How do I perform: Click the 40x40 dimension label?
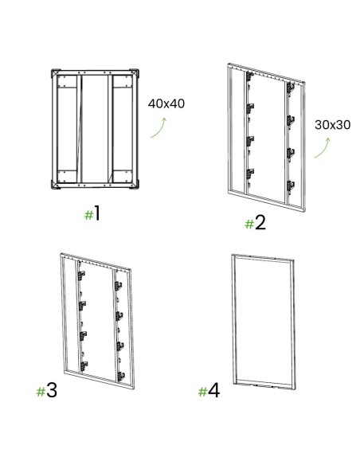[166, 104]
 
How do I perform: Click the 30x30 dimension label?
[332, 125]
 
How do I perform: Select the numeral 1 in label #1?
[97, 214]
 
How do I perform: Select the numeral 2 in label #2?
[260, 223]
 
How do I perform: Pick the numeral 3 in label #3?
[52, 391]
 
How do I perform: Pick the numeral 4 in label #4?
[213, 391]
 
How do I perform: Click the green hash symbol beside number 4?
[202, 392]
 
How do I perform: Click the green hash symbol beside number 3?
[41, 392]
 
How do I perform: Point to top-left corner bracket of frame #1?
[56, 73]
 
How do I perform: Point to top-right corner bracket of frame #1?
[134, 73]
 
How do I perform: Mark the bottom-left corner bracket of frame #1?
[56, 185]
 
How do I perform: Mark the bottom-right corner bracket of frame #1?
[134, 185]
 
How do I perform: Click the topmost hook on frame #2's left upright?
[250, 76]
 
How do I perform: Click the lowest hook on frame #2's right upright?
[291, 185]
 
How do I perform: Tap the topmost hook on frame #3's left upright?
[81, 275]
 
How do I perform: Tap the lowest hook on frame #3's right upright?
[120, 376]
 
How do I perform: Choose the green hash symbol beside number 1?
[88, 215]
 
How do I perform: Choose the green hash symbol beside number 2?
[249, 225]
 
